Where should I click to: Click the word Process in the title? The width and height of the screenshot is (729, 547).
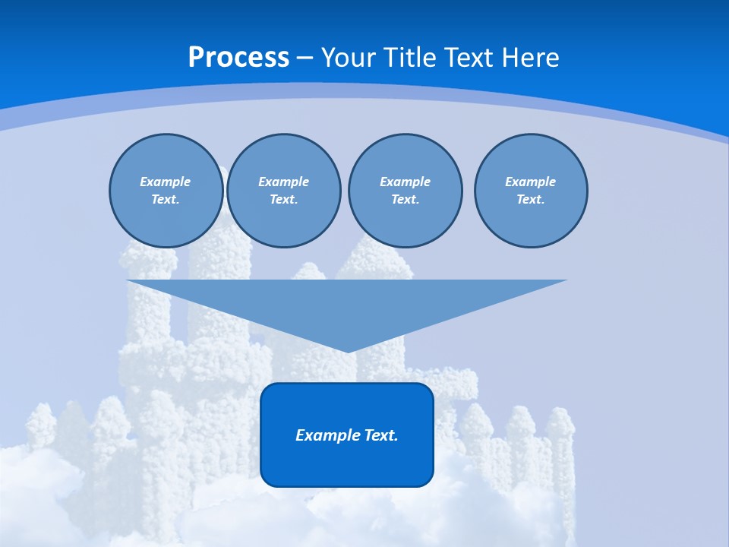coord(238,58)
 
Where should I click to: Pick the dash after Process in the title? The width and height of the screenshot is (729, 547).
coord(305,58)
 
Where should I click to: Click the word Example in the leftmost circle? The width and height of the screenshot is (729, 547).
coord(166,182)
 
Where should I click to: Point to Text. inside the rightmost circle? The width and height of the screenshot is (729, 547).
coord(530,200)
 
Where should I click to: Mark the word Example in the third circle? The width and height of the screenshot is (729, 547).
coord(405,182)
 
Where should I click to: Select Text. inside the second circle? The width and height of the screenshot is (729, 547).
coord(283,200)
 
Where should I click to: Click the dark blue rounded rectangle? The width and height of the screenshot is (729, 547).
coord(346,463)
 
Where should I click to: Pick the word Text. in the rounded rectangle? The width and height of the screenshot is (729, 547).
coord(380,435)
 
